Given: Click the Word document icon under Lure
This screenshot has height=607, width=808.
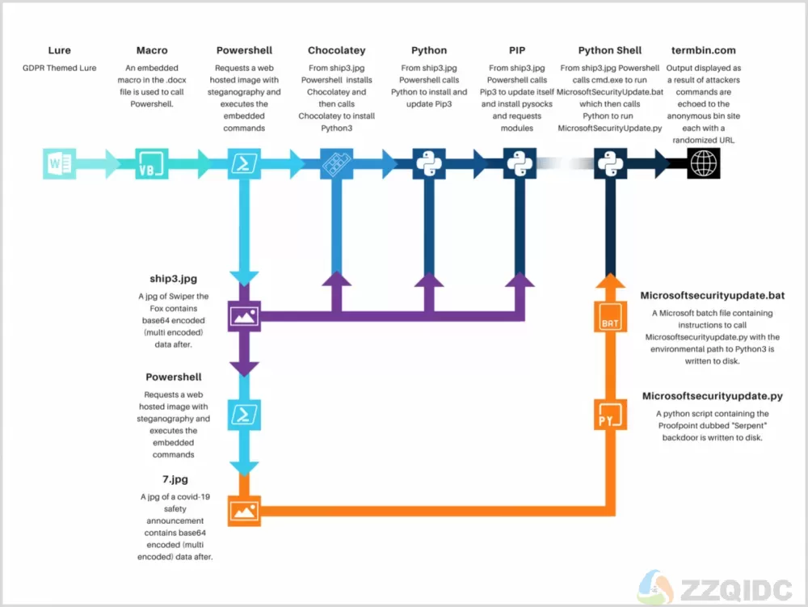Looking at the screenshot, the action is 59,164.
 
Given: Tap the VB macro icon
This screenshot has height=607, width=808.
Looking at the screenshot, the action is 152,164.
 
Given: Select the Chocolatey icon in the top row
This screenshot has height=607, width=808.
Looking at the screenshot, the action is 336,164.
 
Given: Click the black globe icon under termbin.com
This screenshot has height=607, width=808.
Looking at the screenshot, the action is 704,164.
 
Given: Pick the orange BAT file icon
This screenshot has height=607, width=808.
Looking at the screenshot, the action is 610,316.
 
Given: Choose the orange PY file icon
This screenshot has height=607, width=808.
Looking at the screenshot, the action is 610,415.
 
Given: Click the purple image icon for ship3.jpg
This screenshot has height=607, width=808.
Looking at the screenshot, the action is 244,316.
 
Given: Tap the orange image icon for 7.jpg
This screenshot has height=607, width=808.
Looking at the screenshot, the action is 244,511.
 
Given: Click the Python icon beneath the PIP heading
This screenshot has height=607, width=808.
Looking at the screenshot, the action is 520,164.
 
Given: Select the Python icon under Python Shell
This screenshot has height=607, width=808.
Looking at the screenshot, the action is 610,164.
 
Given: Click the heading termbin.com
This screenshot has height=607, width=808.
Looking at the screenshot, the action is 704,50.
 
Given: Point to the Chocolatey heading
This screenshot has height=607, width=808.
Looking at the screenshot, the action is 336,50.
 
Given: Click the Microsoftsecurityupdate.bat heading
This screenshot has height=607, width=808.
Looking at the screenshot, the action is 712,295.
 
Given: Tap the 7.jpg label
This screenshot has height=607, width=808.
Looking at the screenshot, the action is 175,479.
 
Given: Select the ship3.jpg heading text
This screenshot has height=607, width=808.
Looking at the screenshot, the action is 173,279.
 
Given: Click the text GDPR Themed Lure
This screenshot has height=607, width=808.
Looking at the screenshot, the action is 59,68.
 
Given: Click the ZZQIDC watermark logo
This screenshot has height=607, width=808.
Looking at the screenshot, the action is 715,588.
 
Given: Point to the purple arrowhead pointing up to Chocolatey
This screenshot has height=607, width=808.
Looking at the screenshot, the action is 336,279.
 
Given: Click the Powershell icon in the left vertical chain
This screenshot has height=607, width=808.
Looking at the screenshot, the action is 244,415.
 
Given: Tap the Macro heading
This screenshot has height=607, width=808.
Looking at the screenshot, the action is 152,50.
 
